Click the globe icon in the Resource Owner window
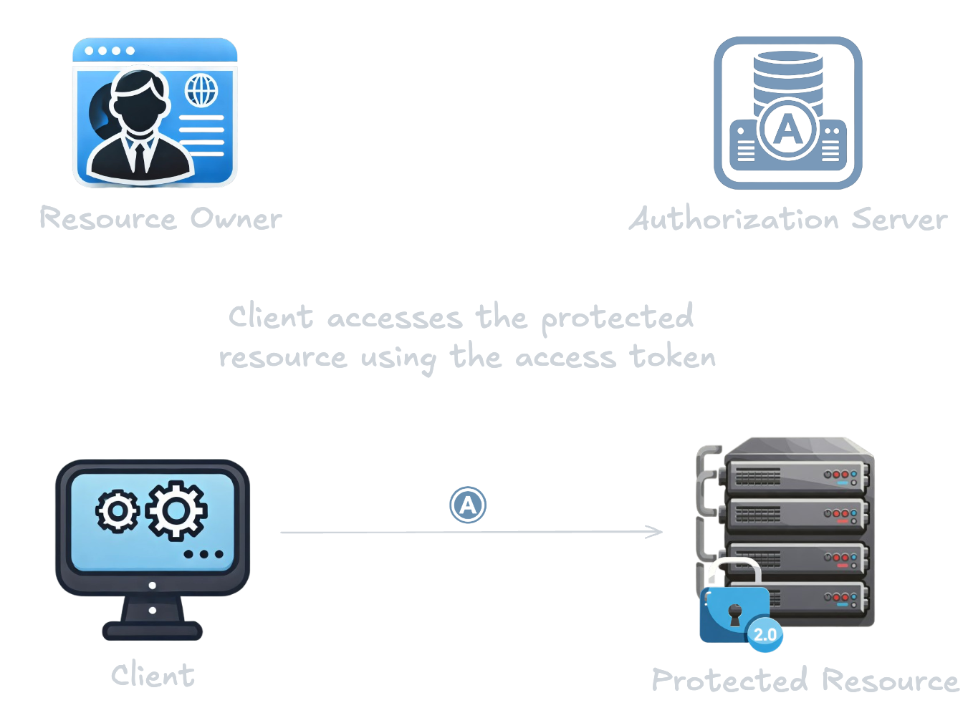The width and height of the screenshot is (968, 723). point(201,91)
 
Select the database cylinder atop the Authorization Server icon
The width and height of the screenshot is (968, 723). point(787,75)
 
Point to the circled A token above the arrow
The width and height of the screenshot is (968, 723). point(468,505)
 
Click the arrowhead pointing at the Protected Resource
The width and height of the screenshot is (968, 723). point(655,532)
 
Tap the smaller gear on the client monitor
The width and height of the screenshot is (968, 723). point(117,511)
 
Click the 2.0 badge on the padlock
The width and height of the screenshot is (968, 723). point(765,634)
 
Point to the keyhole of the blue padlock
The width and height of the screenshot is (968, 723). point(734,613)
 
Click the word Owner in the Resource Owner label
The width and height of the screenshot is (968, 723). point(236,219)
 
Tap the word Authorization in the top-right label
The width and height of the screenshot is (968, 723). point(734,219)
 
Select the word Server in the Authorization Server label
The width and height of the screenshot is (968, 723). point(899,220)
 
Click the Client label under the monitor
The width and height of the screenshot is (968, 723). point(153,675)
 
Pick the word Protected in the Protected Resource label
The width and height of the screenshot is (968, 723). point(729,680)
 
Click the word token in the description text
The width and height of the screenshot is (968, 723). point(672,356)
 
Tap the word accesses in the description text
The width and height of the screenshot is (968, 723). point(395,319)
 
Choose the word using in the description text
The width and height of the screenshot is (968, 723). point(398,359)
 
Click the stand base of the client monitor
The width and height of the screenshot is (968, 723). point(153,631)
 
